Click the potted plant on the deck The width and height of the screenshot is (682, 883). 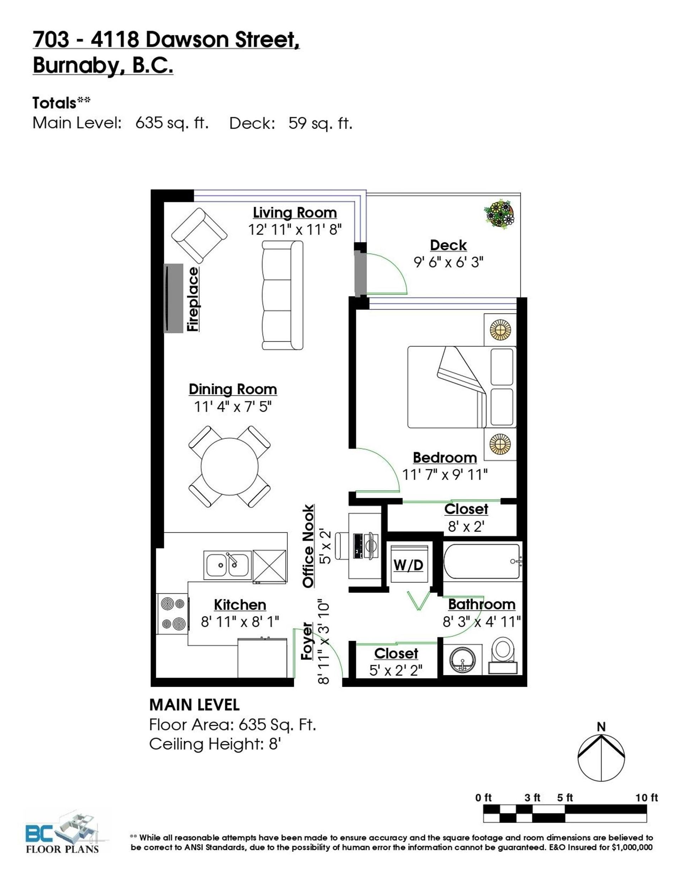point(499,215)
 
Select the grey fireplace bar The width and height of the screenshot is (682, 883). point(173,298)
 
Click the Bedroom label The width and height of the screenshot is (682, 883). point(445,458)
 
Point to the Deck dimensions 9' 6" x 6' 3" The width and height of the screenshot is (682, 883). point(448,262)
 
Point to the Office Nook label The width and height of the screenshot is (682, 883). point(308,546)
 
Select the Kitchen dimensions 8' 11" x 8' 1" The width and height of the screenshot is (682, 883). point(240,621)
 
